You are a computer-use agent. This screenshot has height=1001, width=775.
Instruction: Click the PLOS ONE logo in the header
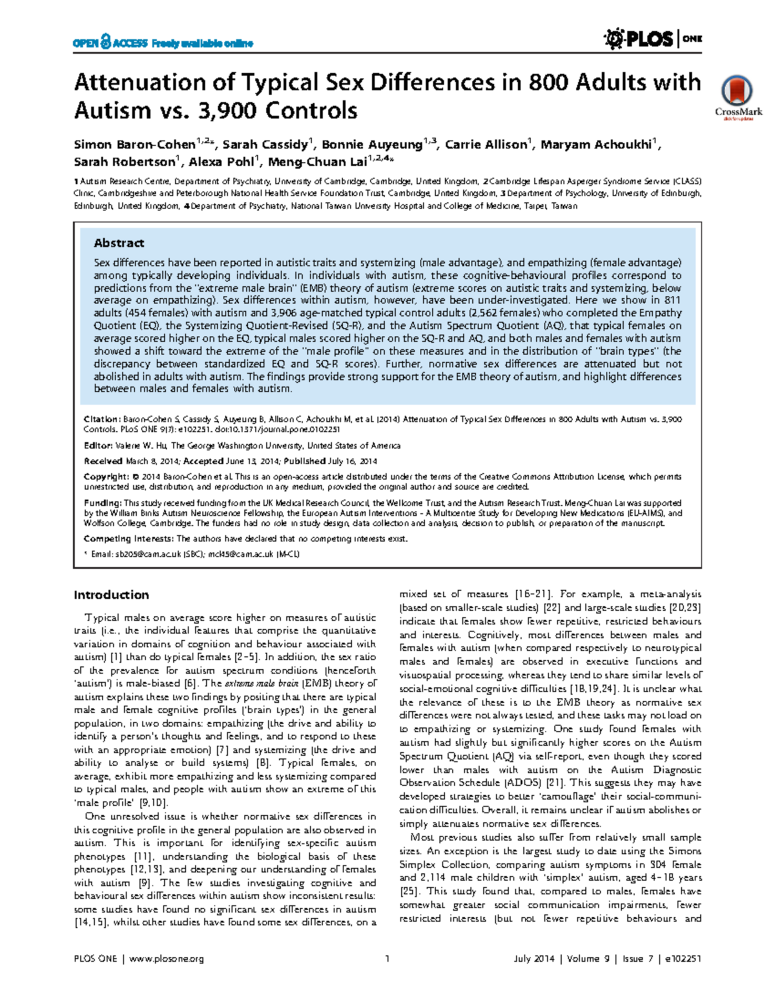[653, 39]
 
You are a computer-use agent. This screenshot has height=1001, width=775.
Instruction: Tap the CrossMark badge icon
[738, 94]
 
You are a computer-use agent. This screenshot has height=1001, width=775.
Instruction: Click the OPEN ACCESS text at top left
[110, 43]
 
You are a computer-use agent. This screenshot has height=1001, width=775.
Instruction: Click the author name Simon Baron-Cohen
[134, 145]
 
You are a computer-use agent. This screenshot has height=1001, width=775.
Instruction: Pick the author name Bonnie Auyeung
[373, 145]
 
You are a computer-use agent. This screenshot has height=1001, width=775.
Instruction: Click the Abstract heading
[119, 243]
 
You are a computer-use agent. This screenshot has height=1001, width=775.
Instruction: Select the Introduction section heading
[111, 595]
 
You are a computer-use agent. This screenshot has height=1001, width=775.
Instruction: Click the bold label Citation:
[101, 419]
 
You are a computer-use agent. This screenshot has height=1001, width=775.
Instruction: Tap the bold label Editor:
[98, 446]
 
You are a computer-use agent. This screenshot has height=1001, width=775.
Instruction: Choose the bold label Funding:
[103, 503]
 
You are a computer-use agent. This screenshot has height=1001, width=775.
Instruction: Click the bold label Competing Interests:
[129, 539]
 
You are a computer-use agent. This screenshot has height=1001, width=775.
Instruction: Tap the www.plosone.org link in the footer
[167, 958]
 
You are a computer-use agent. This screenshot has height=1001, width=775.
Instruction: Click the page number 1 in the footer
[387, 958]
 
